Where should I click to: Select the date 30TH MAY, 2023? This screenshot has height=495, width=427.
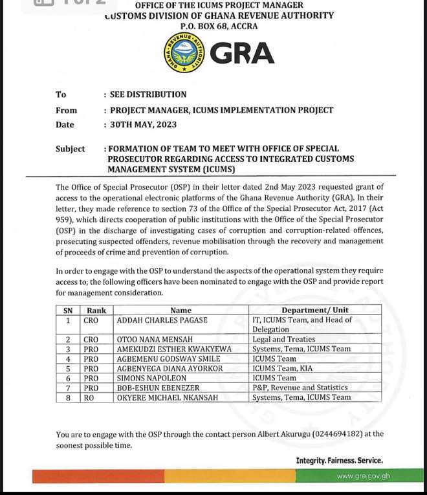pos(143,125)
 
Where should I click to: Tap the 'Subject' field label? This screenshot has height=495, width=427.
pos(70,149)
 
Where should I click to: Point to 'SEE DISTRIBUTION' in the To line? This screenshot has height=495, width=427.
pos(148,94)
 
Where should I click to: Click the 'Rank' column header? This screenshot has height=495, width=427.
pos(96,311)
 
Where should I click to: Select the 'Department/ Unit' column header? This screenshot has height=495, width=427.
pos(314,311)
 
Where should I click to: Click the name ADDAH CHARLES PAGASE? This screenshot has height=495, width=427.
pos(162,320)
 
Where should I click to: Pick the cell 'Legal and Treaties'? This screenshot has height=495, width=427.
pos(284,339)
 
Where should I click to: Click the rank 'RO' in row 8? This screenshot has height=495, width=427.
pos(89,397)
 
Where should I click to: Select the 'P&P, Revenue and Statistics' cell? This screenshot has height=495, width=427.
pos(300,388)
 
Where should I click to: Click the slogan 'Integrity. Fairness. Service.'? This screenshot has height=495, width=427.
pos(339,461)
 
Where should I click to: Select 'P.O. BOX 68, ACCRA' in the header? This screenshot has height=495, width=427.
pos(219,26)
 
